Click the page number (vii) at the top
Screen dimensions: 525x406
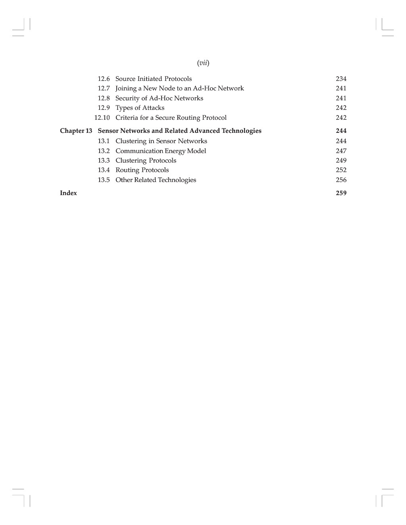click(203, 63)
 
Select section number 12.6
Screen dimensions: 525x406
click(104, 79)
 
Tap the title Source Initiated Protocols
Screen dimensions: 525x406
click(153, 79)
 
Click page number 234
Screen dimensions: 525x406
click(341, 79)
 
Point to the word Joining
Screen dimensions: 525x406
click(126, 88)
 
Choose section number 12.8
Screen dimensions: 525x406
click(104, 98)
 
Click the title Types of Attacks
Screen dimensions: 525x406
click(140, 108)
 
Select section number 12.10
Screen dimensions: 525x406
click(102, 118)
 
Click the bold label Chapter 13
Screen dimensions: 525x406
click(76, 131)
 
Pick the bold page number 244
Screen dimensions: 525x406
click(341, 131)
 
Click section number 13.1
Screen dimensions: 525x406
click(104, 141)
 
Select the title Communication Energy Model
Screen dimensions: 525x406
click(160, 151)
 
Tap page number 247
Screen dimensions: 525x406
click(341, 151)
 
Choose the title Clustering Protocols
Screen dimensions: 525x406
click(146, 161)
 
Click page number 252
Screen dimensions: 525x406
click(341, 170)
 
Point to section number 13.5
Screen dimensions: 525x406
click(104, 180)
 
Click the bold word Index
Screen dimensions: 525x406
click(68, 193)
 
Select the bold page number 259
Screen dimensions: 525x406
click(341, 193)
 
